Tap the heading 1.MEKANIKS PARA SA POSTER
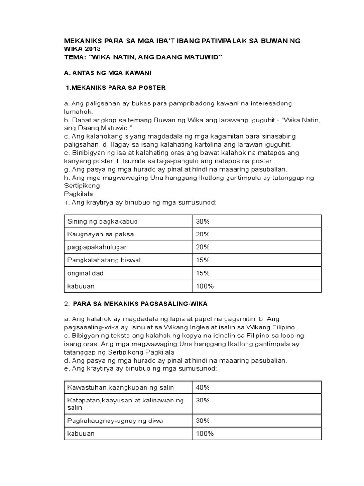click(x=116, y=88)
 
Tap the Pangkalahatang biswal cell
click(x=104, y=260)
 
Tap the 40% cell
click(x=202, y=387)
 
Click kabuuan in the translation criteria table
click(x=81, y=433)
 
